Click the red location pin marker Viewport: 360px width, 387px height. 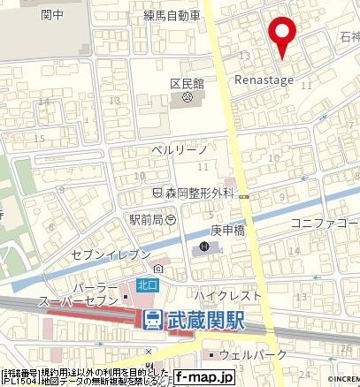point(282,34)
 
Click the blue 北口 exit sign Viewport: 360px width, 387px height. point(146,285)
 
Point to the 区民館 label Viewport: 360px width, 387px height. point(187,82)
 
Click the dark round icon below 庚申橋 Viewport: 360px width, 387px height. point(205,247)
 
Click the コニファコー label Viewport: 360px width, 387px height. point(328,223)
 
